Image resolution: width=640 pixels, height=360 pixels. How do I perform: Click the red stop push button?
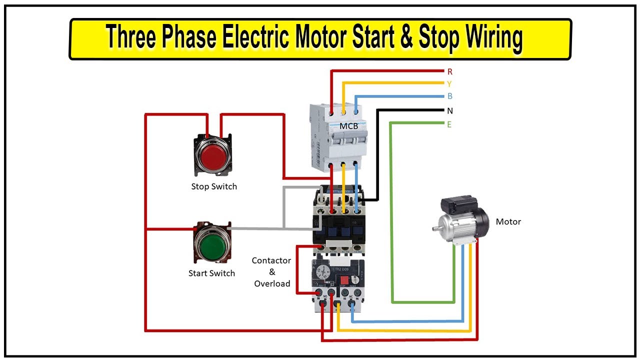(213, 155)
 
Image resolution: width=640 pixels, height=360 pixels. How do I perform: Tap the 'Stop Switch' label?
(214, 186)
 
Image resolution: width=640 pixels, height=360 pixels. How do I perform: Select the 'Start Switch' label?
(211, 273)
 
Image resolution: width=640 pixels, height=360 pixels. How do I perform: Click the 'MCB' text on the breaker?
(348, 126)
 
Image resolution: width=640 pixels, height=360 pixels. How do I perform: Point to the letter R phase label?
(449, 72)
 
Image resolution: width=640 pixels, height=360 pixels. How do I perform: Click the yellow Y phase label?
(449, 84)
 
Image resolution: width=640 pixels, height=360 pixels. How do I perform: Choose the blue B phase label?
(449, 96)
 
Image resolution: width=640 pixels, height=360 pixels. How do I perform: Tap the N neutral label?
(449, 110)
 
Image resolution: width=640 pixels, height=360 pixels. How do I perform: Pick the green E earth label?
(449, 124)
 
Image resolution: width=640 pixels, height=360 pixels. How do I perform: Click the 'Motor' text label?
(508, 221)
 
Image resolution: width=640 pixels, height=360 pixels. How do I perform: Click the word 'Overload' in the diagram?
(272, 283)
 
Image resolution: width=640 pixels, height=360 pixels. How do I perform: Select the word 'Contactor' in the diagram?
(271, 260)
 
